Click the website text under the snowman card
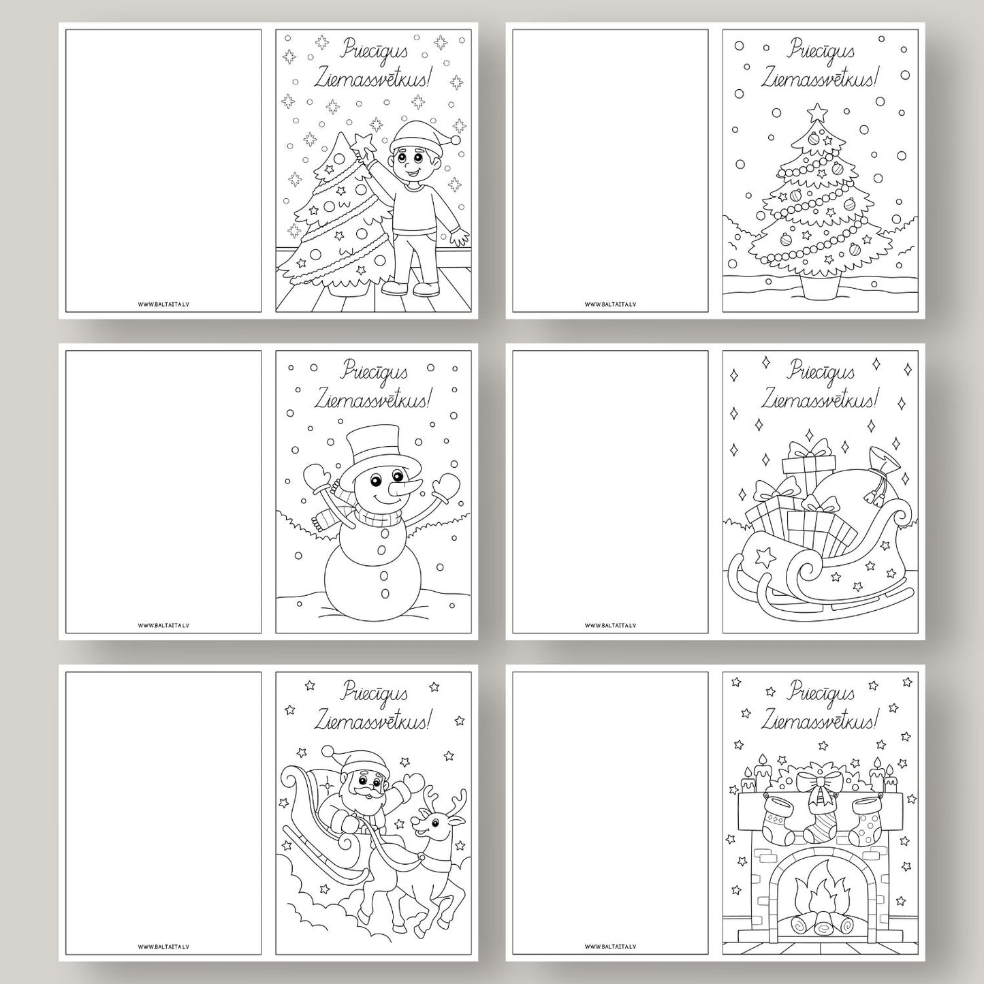pos(163,624)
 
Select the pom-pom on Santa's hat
pos(328,752)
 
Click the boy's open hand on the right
pos(459,238)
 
